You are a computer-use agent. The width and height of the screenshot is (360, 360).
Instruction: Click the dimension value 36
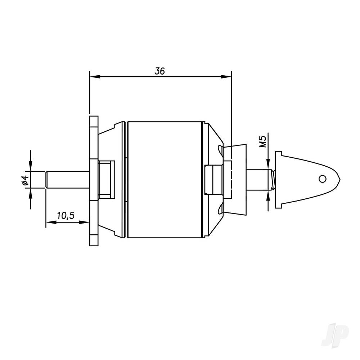point(159,71)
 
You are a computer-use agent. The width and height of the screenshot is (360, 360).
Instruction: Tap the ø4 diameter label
point(25,180)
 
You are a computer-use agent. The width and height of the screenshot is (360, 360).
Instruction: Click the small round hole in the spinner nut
point(323,179)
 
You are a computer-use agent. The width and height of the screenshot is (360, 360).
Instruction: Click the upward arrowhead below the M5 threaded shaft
point(269,194)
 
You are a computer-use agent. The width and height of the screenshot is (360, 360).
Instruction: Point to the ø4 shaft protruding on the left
point(67,179)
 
